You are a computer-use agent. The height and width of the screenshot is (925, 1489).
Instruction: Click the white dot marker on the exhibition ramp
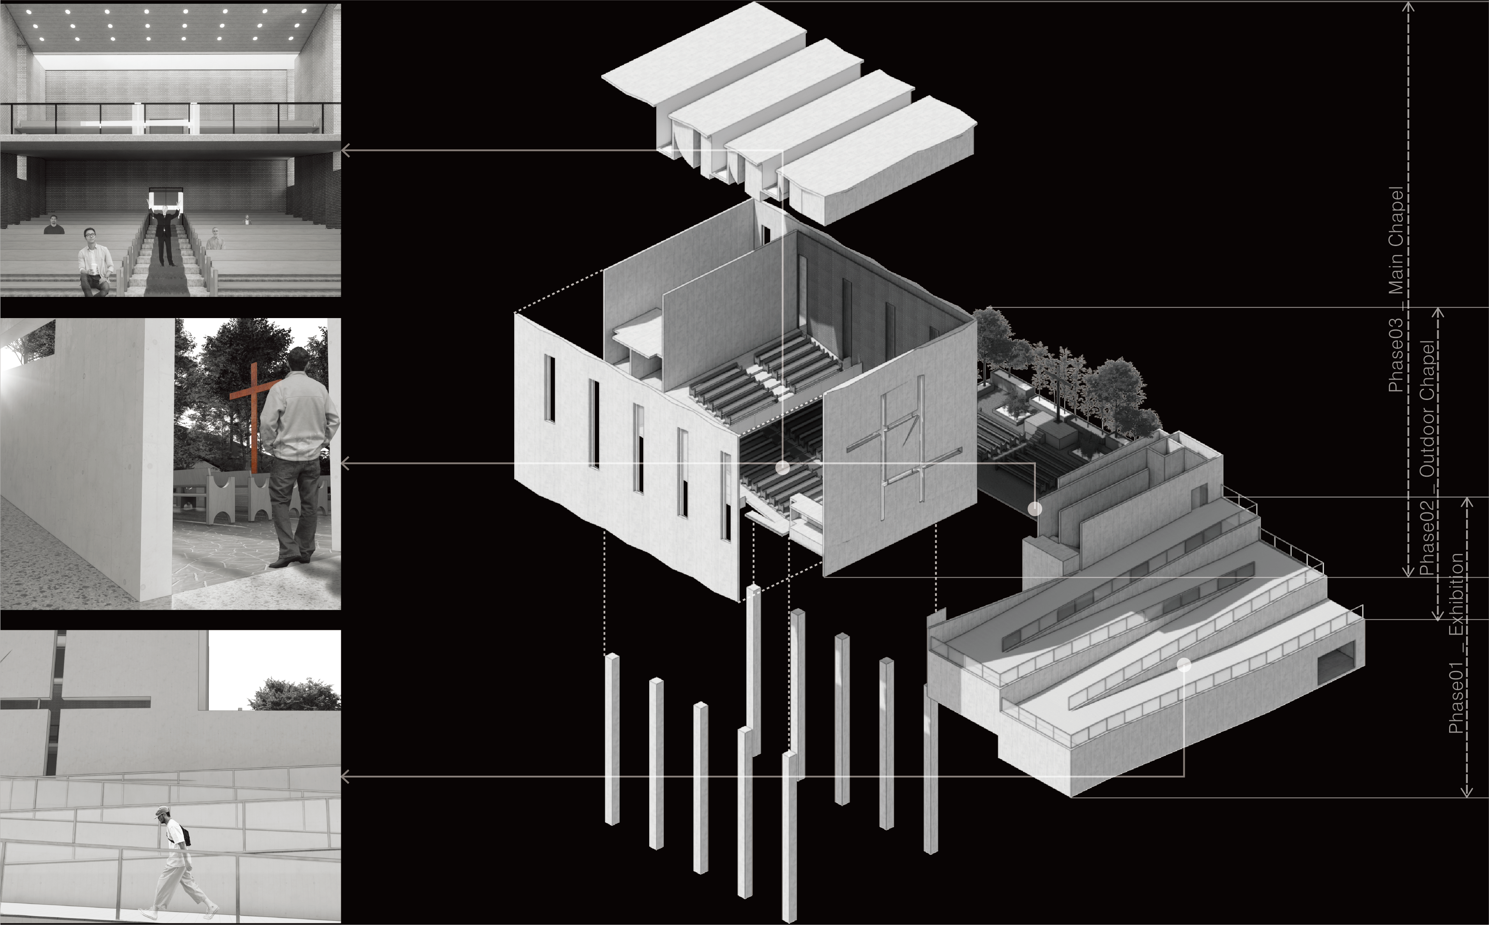point(1184,665)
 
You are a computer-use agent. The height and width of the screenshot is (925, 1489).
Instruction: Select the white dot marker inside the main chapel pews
point(782,468)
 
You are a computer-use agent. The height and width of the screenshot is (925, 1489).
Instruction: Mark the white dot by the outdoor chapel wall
point(1034,508)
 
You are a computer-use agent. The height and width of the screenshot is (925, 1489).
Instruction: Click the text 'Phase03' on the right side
point(1395,355)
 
